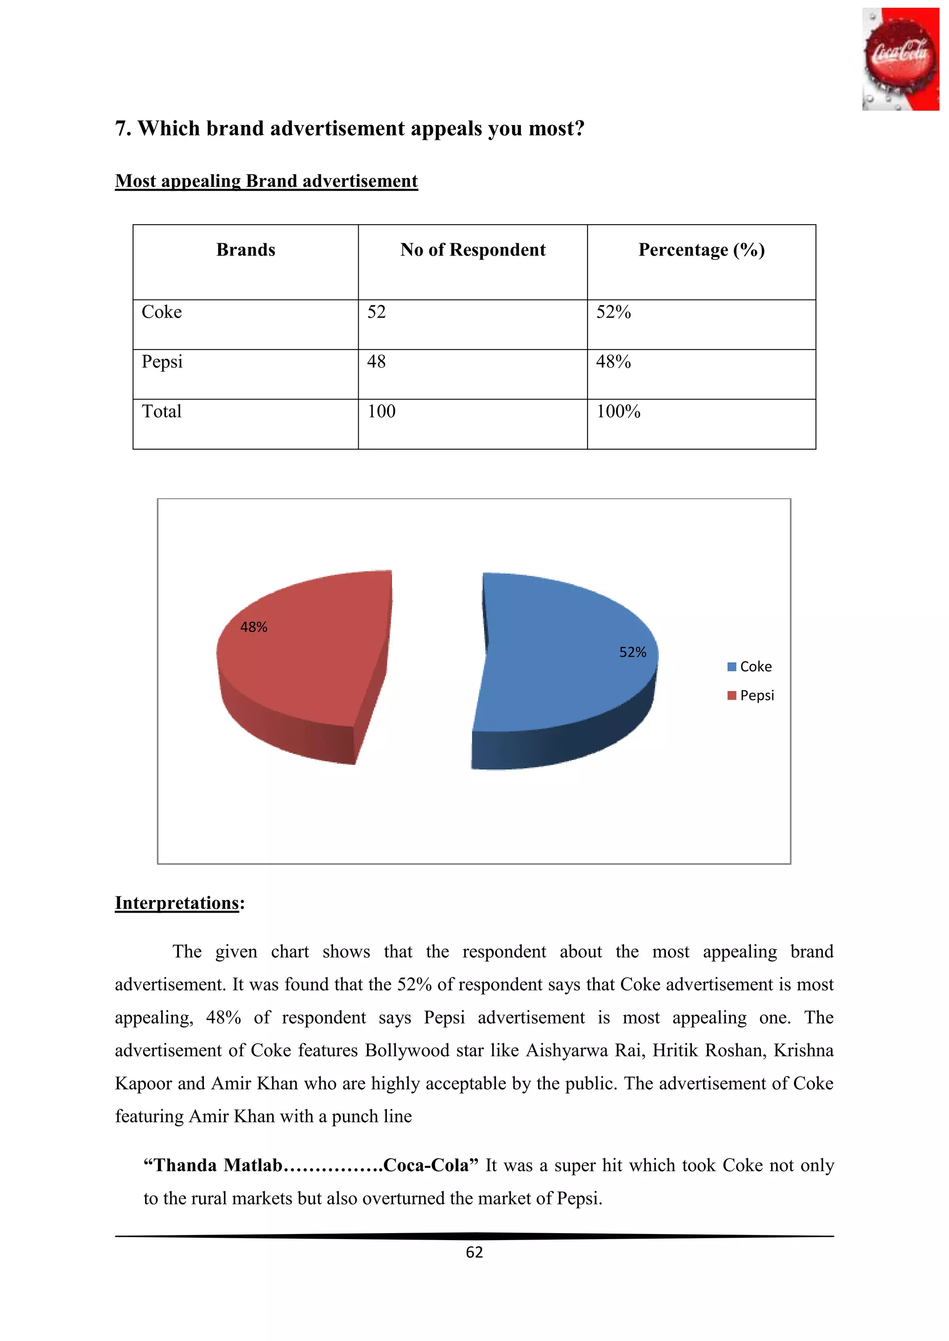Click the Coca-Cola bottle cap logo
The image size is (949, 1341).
900,59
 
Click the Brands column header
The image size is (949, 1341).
246,250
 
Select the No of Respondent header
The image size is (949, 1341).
473,250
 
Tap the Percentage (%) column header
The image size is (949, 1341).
701,250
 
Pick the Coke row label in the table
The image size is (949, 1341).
162,312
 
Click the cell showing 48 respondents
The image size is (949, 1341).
376,362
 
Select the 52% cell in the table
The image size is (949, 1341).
613,312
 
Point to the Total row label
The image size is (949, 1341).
162,411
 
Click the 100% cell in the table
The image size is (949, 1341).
618,411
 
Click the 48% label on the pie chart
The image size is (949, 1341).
253,627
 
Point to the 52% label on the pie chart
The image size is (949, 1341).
632,652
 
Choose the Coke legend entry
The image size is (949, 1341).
750,666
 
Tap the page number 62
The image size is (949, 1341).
474,1252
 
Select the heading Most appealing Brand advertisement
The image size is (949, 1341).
266,181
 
